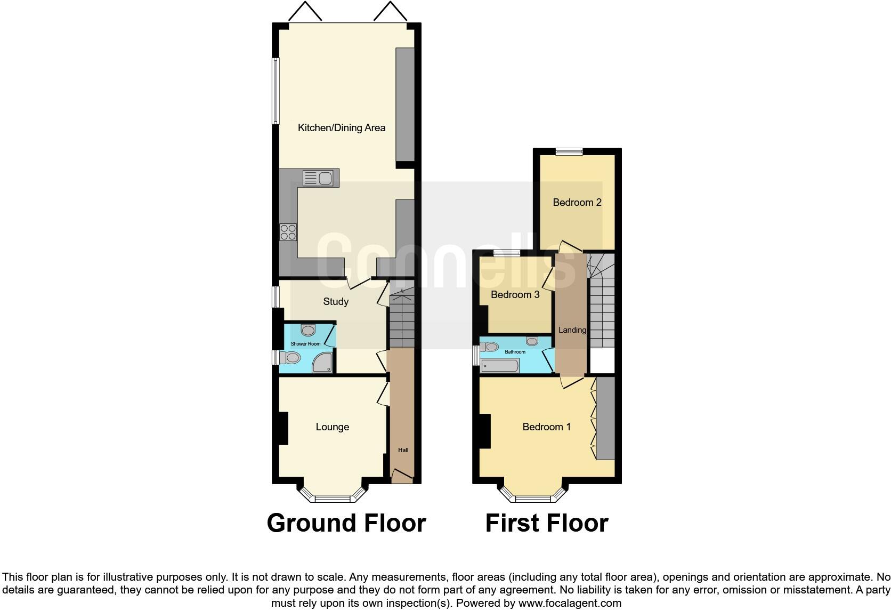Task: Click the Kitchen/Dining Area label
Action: point(341,128)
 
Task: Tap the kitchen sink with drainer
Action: point(318,178)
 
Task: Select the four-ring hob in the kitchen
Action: point(288,232)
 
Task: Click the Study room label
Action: point(336,302)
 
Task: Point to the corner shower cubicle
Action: point(323,364)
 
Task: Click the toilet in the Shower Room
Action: point(291,357)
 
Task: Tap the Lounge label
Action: point(332,427)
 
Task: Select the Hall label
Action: point(403,450)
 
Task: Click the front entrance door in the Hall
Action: point(402,476)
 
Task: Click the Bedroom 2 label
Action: point(577,203)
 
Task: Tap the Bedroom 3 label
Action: point(515,295)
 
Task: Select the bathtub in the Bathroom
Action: point(499,366)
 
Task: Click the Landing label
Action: point(572,330)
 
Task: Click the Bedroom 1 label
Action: point(546,427)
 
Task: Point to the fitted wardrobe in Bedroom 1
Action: point(605,419)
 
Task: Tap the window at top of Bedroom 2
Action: point(569,152)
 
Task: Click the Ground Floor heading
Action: point(346,523)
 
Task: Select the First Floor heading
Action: point(546,523)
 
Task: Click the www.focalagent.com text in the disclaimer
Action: point(569,604)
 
